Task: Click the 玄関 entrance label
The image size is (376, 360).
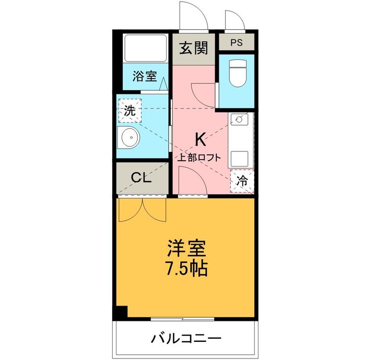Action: pyautogui.click(x=194, y=49)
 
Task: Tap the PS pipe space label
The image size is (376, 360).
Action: pyautogui.click(x=237, y=42)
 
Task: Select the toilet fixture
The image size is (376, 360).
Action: pyautogui.click(x=238, y=73)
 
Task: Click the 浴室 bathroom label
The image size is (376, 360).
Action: pyautogui.click(x=144, y=77)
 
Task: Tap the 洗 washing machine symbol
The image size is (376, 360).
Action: pyautogui.click(x=130, y=111)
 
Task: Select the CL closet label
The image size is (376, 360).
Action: pyautogui.click(x=141, y=177)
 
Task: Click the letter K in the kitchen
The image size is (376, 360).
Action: pyautogui.click(x=199, y=139)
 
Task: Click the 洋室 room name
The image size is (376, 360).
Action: pyautogui.click(x=186, y=246)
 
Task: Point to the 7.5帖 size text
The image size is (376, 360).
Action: pyautogui.click(x=186, y=268)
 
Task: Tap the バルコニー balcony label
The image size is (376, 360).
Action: pyautogui.click(x=186, y=338)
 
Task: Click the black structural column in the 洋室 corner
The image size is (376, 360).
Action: pyautogui.click(x=121, y=311)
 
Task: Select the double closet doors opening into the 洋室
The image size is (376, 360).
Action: pyautogui.click(x=142, y=210)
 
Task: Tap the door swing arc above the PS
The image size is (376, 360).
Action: pyautogui.click(x=234, y=19)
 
